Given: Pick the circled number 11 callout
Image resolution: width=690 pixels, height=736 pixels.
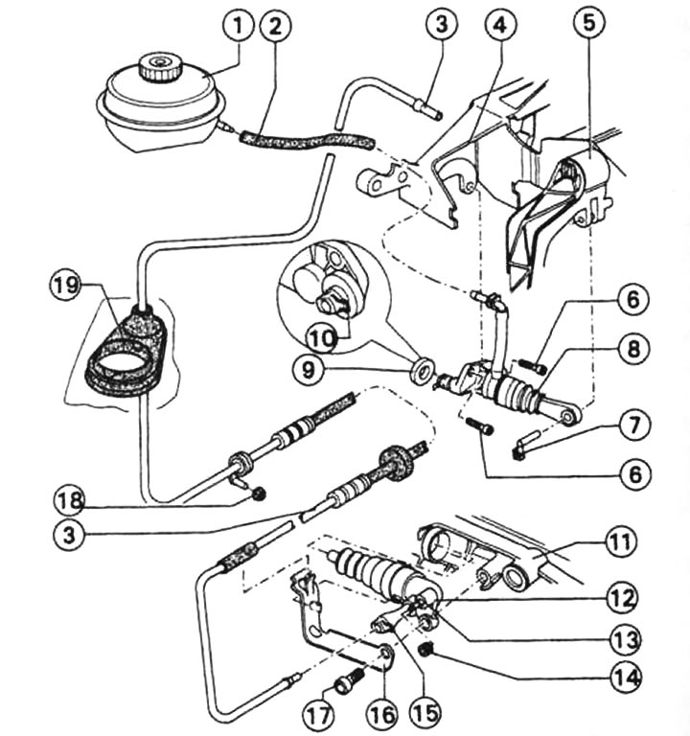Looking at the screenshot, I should pyautogui.click(x=620, y=543).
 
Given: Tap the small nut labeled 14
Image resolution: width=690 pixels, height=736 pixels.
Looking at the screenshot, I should pyautogui.click(x=428, y=651).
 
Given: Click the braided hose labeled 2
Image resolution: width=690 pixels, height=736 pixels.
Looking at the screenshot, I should pyautogui.click(x=302, y=141).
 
